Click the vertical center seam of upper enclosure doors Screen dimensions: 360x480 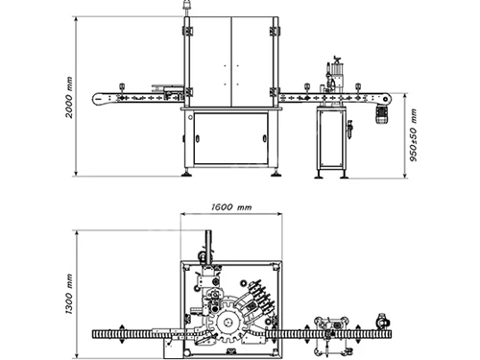231,58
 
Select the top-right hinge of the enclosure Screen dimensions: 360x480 276,33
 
